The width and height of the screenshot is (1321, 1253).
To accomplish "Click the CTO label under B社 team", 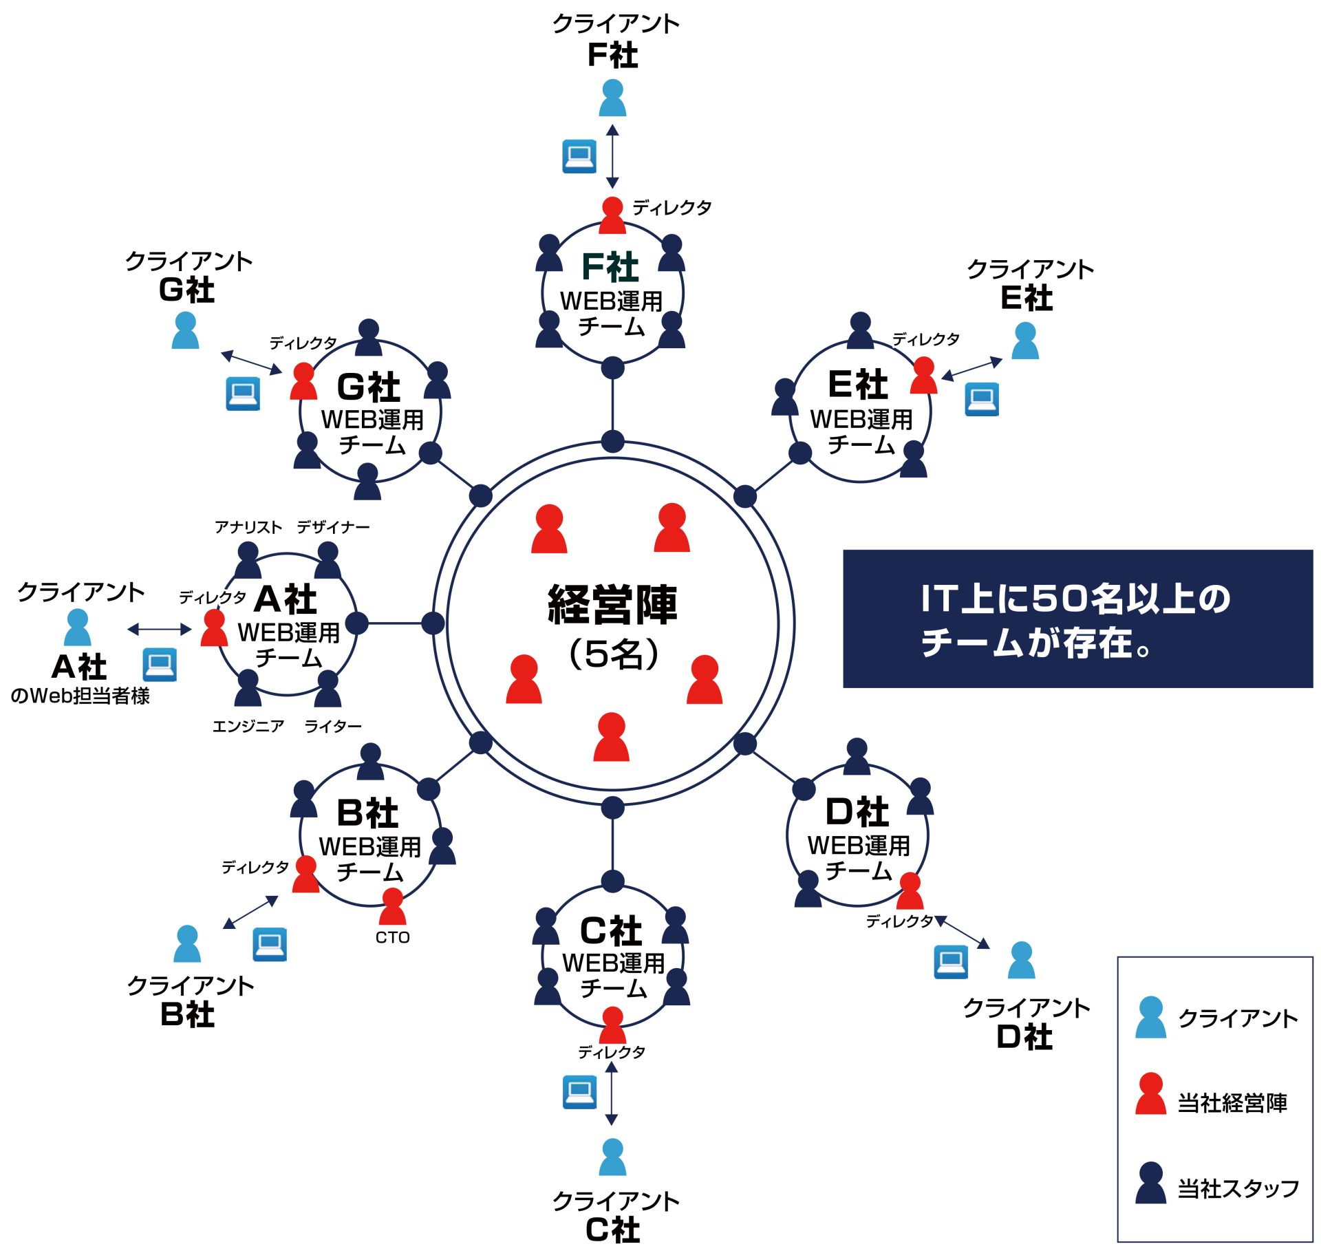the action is pos(392,937).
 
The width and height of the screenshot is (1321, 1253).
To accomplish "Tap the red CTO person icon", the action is pos(392,906).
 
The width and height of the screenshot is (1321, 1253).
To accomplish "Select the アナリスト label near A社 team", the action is pos(248,527).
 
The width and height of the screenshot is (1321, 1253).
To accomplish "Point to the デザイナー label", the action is pos(333,527).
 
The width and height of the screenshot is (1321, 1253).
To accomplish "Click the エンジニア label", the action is pos(248,726).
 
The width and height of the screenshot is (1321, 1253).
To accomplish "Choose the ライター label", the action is pos(333,726).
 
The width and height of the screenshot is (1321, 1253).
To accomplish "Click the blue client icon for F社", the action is pos(612,98).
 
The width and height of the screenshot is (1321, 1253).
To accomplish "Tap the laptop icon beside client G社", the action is pos(243,394).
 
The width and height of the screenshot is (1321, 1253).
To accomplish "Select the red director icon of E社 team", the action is pos(923,375).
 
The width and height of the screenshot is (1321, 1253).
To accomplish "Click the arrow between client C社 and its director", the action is pos(612,1093).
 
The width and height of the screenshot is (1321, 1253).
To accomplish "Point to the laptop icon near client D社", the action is pos(951,961).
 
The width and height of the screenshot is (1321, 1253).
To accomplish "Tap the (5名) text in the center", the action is pos(612,654).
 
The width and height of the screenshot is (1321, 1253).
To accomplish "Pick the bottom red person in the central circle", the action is pos(612,737).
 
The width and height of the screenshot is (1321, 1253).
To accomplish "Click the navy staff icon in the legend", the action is pos(1151,1183).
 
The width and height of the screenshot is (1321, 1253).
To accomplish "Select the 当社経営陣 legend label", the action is pos(1232,1103).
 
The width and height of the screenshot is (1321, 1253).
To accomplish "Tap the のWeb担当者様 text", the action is pos(80,696).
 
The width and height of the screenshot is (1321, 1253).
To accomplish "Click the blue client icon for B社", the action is pos(187,943).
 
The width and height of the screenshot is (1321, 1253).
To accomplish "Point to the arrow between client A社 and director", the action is pos(159,629).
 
